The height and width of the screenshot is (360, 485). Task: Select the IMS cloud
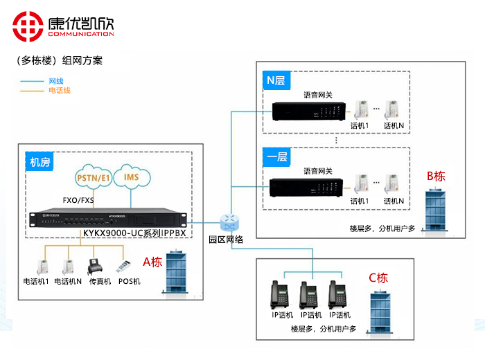tap(131, 177)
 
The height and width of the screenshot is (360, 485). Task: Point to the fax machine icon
tap(95, 267)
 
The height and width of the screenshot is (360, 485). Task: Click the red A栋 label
tap(152, 262)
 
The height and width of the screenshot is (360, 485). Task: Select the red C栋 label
tap(378, 278)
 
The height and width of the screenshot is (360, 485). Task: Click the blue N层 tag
tap(276, 81)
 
